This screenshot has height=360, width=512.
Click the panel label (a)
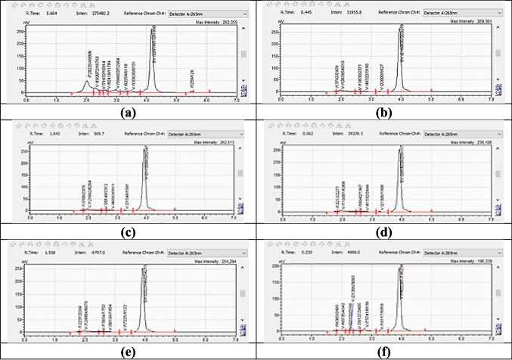click(x=128, y=110)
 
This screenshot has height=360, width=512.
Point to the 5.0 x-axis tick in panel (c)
click(x=175, y=220)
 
